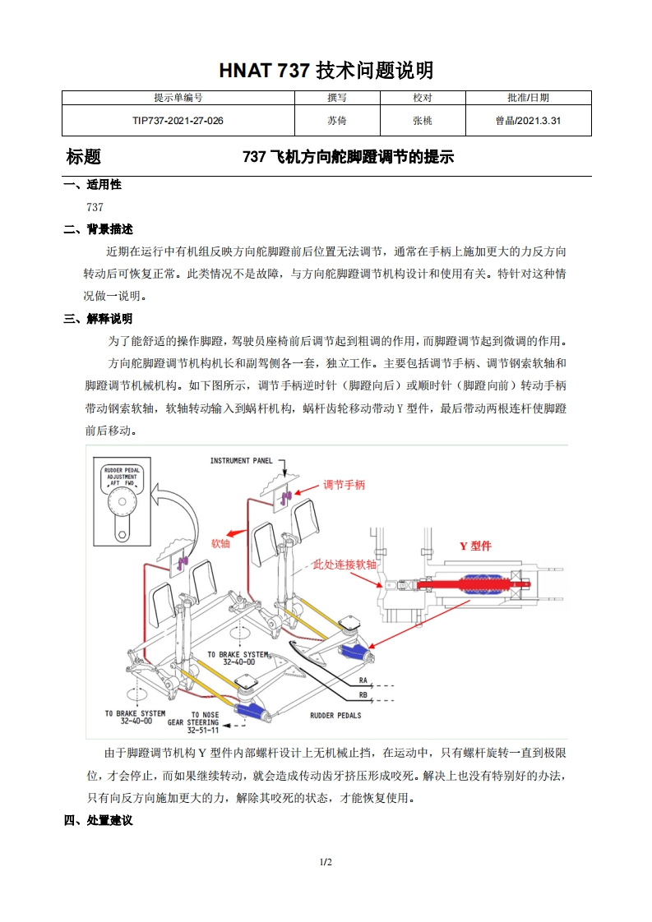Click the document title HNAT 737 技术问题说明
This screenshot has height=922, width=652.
point(326,71)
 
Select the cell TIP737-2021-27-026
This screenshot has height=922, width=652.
point(178,121)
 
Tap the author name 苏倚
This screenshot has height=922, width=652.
point(336,121)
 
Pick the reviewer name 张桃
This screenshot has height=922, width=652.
point(422,121)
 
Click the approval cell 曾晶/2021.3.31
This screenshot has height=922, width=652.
point(528,121)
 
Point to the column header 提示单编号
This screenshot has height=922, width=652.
point(178,98)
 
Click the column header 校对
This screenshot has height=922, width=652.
point(422,98)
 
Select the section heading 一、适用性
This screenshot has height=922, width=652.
point(92,185)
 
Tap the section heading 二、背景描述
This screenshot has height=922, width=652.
point(98,229)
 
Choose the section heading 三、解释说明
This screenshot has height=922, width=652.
point(98,319)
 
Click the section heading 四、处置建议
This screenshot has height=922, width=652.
point(98,820)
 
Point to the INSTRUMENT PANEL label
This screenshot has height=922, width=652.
point(241,461)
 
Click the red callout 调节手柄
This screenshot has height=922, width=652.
point(344,485)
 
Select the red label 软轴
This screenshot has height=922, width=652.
point(220,543)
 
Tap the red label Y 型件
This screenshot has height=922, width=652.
point(475,546)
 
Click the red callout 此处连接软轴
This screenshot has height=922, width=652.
point(344,565)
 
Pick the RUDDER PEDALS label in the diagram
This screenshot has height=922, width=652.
point(335,716)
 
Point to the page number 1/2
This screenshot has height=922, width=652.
point(326,862)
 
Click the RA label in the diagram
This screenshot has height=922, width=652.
point(363,681)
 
